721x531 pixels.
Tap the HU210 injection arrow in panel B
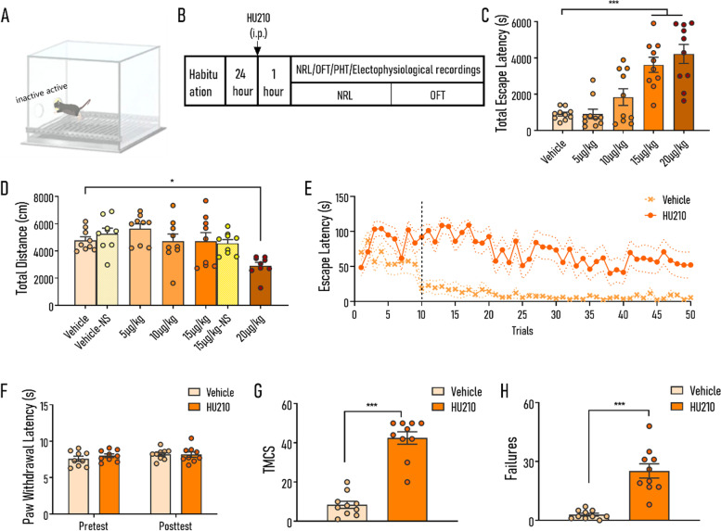tap(258, 47)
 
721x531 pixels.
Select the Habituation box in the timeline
tap(205, 82)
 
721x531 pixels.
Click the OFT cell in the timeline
tap(437, 95)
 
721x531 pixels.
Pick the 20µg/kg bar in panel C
tap(684, 93)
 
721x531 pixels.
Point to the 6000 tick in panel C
tap(521, 22)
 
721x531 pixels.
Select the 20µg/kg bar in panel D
tap(261, 285)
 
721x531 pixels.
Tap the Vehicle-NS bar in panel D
tap(107, 269)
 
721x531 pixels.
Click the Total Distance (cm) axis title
tap(21, 248)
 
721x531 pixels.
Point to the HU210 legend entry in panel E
tap(665, 215)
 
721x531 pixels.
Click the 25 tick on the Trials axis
tap(521, 315)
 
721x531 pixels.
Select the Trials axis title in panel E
tap(522, 331)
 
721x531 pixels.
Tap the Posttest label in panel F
tap(175, 525)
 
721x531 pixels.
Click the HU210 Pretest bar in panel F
tap(109, 484)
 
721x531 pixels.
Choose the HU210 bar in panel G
tap(407, 479)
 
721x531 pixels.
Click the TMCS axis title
tap(269, 459)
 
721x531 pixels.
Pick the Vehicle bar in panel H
tap(588, 517)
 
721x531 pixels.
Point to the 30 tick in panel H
tap(528, 462)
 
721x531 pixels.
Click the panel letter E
tap(308, 188)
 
